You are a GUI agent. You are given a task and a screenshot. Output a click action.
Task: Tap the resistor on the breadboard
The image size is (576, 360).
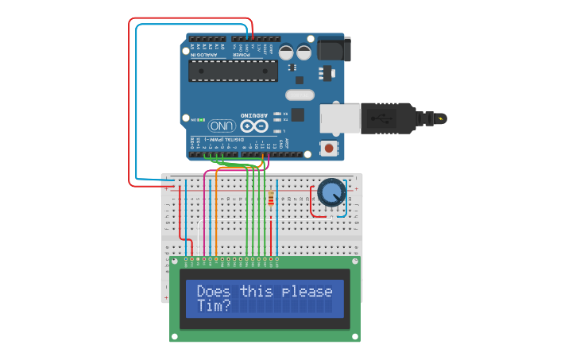click(x=273, y=199)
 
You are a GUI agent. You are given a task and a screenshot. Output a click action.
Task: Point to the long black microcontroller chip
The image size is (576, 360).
click(x=233, y=71)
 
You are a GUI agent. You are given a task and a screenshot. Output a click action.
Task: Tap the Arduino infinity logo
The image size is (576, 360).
click(x=254, y=126)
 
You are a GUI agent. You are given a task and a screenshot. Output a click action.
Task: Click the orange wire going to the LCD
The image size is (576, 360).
click(x=217, y=215)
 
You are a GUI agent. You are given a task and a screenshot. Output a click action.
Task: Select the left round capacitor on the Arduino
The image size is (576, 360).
click(x=286, y=53)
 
